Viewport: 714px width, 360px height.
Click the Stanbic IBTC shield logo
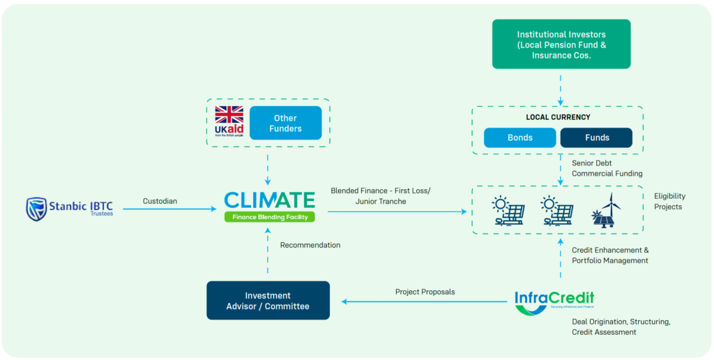[x=36, y=209]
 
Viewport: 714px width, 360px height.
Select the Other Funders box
[x=285, y=123]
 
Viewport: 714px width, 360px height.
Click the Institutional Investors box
[x=561, y=44]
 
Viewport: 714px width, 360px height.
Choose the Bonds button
[x=519, y=137]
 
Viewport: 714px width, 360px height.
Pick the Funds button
[x=595, y=137]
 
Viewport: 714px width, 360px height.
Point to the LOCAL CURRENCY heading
[x=558, y=117]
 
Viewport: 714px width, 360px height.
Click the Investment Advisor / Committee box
[x=268, y=301]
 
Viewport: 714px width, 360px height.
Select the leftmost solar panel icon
[x=508, y=211]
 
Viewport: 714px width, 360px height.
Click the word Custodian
[x=160, y=201]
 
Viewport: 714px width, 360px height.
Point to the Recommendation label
[x=310, y=245]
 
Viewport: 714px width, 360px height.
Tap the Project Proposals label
[x=425, y=292]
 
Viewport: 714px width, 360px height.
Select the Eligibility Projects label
[x=668, y=202]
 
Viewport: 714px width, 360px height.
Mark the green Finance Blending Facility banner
[x=269, y=217]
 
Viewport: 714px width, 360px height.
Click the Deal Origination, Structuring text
[x=621, y=322]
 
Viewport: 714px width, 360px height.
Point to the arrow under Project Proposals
[x=424, y=302]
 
